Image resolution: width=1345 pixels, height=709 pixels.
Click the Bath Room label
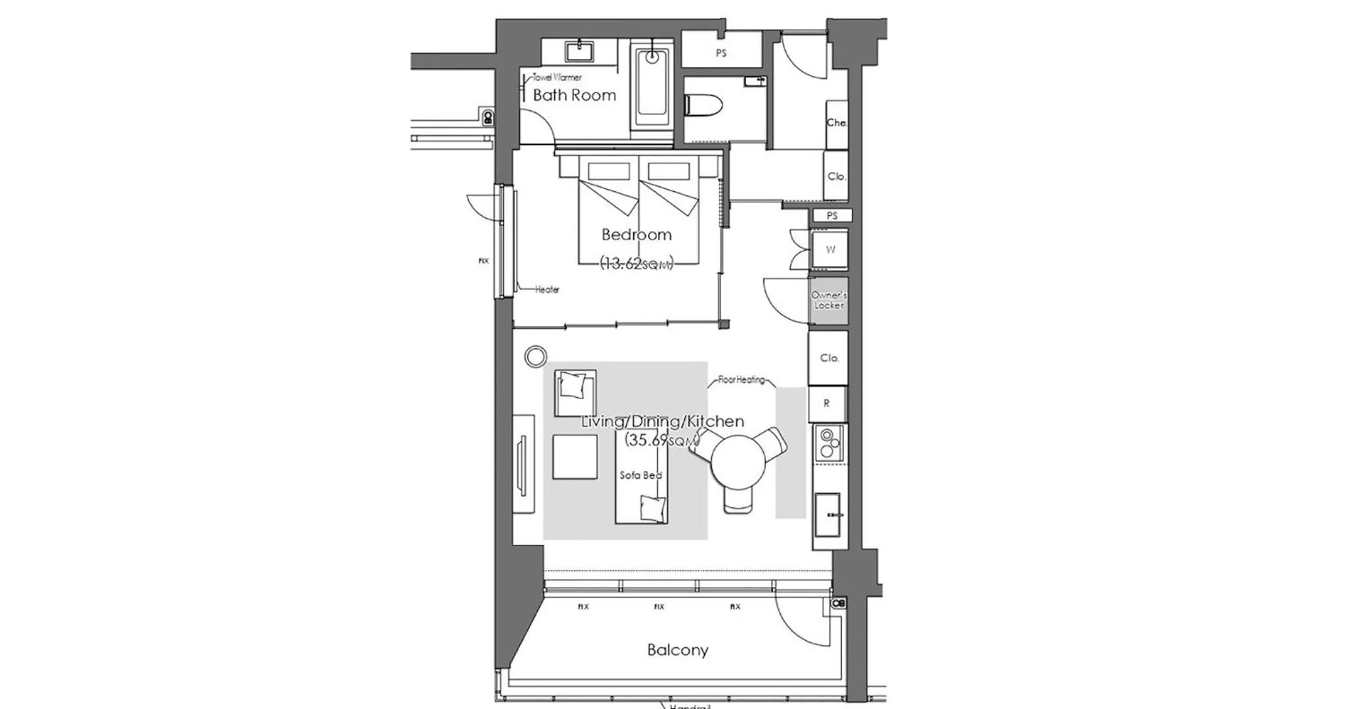pos(574,95)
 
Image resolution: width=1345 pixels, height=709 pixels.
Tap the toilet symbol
pos(703,105)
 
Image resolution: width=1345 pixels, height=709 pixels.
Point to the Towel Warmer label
pos(556,77)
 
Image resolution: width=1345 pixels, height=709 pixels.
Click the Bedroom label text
pos(636,234)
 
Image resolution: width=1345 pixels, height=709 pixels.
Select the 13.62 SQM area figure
pos(636,264)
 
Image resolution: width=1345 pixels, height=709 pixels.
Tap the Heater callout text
pos(546,290)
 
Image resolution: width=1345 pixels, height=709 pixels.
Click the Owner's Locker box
pos(828,301)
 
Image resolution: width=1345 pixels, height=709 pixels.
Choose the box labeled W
pos(830,249)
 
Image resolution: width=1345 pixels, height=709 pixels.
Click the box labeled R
pos(827,403)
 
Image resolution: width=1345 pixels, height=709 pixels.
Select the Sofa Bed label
pos(640,475)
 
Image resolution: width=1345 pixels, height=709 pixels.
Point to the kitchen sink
pos(827,515)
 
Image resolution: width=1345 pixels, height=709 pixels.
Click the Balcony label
pos(677,650)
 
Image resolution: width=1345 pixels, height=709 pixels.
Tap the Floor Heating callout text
pos(741,379)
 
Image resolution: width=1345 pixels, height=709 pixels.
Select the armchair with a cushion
pos(575,393)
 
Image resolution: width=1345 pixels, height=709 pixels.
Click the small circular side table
pos(536,356)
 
